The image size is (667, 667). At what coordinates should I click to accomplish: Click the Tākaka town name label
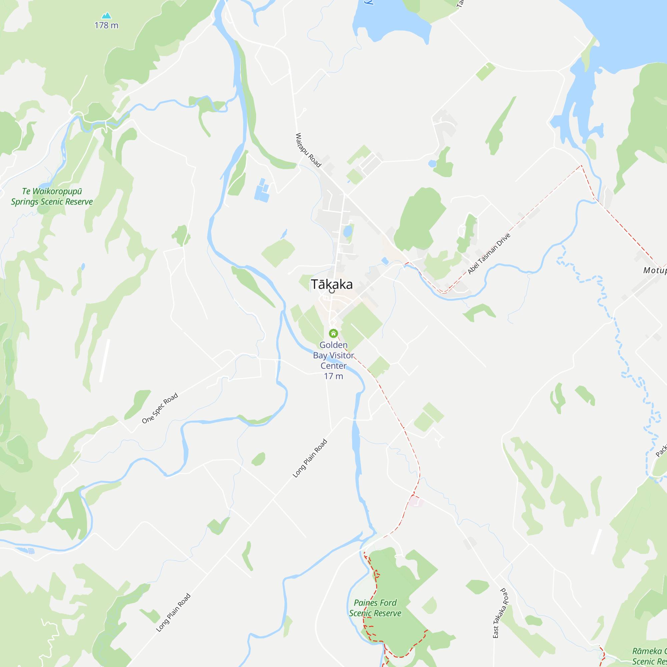point(331,284)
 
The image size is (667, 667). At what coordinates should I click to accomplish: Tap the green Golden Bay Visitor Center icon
point(333,333)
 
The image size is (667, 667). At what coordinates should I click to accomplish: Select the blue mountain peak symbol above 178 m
point(106,16)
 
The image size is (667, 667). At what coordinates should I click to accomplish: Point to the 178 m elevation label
point(106,25)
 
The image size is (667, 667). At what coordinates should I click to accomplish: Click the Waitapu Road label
point(308,150)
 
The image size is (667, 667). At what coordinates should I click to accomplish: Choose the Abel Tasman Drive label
point(489,254)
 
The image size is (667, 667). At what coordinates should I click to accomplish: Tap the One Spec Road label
point(160,408)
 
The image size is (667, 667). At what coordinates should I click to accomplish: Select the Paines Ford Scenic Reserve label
point(375,608)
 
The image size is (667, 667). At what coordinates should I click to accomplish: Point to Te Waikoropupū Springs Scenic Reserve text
point(52,196)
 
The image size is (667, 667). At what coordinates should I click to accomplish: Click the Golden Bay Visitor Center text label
point(333,355)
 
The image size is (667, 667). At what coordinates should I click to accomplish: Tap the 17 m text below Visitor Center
point(333,376)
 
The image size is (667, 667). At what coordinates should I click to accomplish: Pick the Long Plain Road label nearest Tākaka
point(310,458)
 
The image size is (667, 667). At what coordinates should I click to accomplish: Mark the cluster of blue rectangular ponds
point(262,190)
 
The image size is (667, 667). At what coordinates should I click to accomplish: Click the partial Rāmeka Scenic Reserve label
point(649,656)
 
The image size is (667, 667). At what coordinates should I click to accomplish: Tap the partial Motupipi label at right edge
point(655,270)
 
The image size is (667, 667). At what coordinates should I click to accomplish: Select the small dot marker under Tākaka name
point(332,291)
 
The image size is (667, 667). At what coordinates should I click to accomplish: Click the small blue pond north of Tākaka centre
point(348,231)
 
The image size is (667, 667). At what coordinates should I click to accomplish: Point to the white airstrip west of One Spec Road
point(105,361)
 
